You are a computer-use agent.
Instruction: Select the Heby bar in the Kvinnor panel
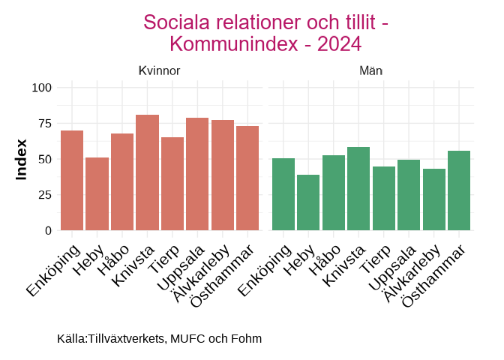point(97,193)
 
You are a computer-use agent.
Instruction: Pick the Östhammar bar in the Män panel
point(459,190)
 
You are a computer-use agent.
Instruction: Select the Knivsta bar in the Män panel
point(358,188)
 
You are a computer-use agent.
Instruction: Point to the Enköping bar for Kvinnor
point(72,180)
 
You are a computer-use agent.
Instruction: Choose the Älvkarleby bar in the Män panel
point(434,199)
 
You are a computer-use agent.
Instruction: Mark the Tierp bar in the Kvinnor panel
point(172,184)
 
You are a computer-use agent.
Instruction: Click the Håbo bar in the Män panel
point(333,193)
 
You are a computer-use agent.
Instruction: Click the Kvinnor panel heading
point(159,70)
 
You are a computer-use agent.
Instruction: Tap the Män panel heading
point(371,70)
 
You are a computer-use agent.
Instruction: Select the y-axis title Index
point(22,159)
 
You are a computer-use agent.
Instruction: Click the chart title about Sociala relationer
point(265,33)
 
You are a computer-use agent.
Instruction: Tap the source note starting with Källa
point(159,339)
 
